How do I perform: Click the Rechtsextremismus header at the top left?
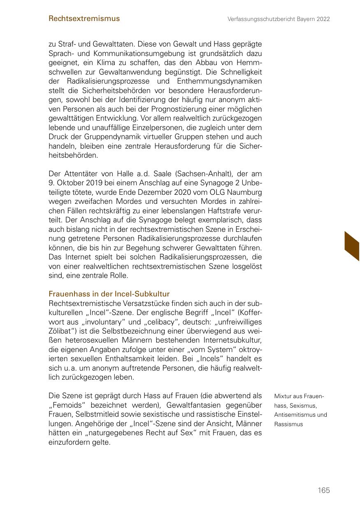click(84, 19)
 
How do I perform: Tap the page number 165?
click(324, 490)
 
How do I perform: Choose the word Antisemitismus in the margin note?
click(293, 415)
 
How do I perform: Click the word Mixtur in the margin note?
click(283, 397)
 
